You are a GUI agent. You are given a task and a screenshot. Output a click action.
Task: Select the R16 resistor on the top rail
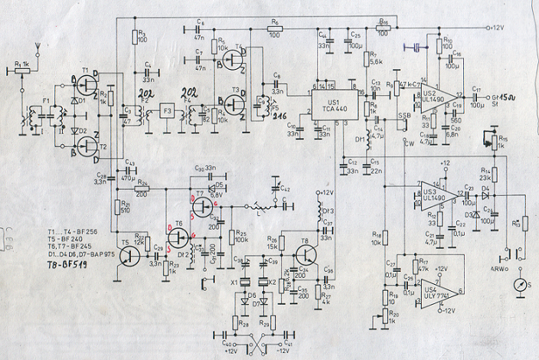click(383, 28)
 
